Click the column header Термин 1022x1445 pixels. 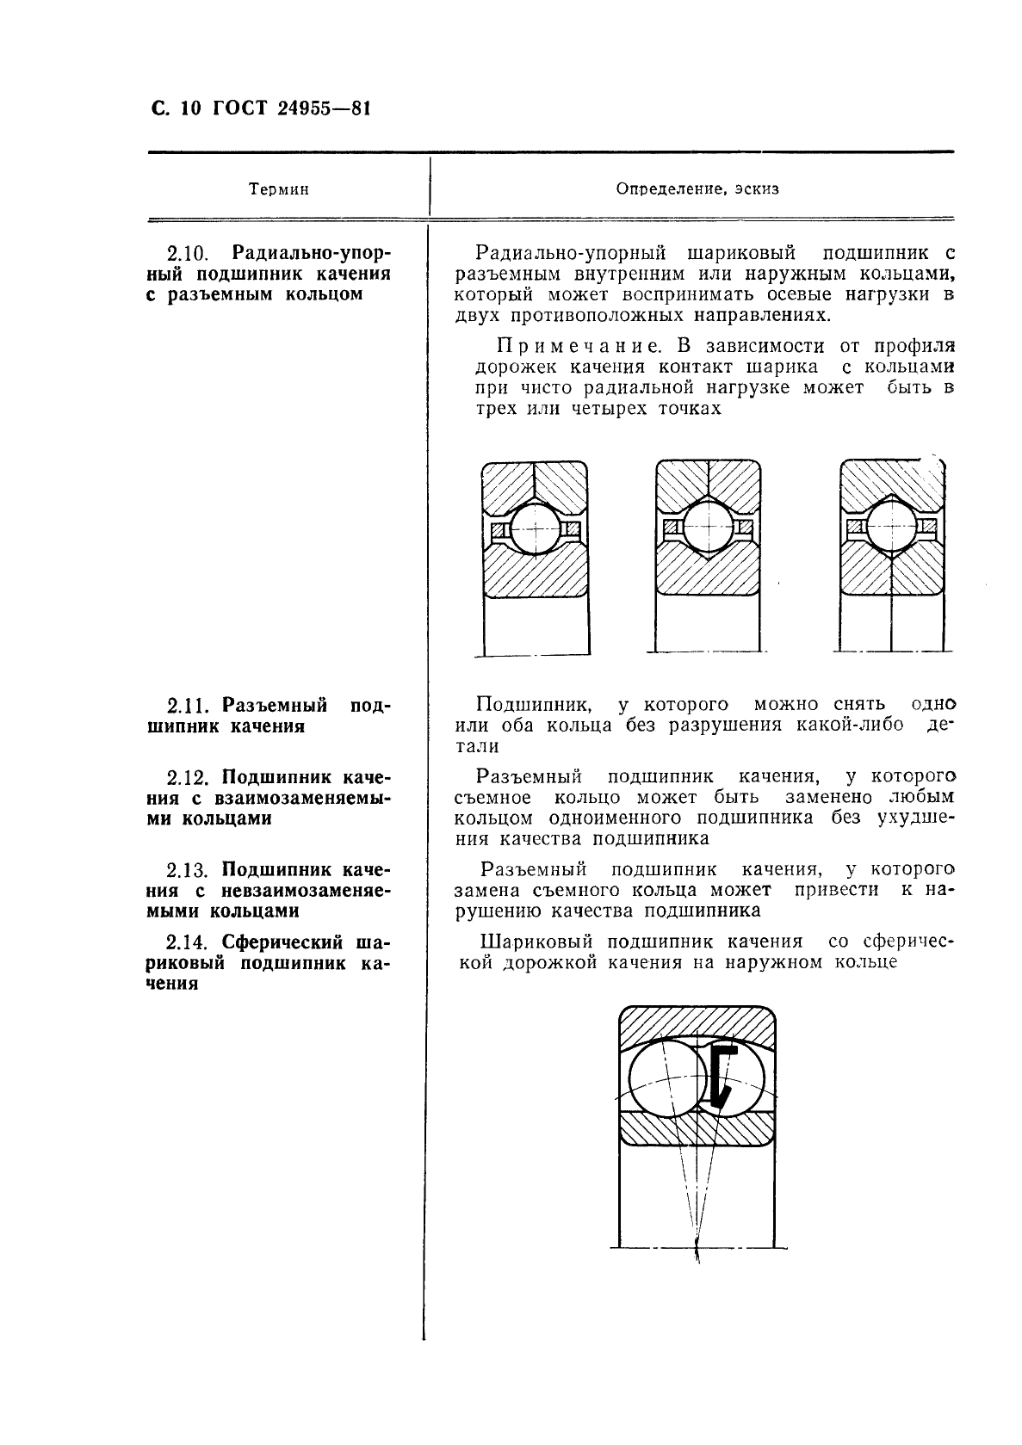coord(278,189)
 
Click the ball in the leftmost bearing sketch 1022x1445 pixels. coord(535,528)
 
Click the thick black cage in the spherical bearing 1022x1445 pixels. coord(724,1075)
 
